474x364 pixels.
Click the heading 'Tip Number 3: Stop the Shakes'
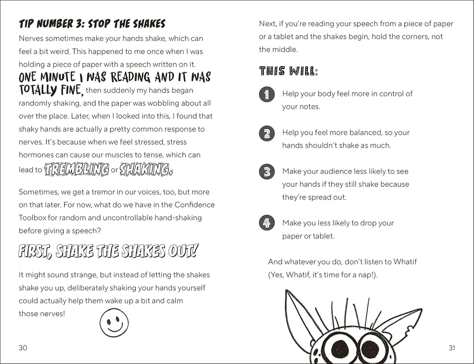click(92, 24)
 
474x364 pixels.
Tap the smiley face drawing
click(114, 323)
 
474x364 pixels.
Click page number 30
click(23, 348)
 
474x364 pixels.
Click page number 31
click(452, 348)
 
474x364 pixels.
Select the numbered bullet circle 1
click(267, 94)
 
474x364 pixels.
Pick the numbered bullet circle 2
click(267, 133)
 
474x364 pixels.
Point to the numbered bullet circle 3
click(267, 172)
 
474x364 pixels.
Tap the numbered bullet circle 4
click(267, 223)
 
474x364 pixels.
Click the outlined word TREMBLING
click(76, 170)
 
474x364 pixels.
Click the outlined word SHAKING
click(145, 170)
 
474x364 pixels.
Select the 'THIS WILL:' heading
click(288, 71)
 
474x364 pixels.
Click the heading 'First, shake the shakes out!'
click(108, 251)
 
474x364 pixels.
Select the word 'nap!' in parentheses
click(368, 275)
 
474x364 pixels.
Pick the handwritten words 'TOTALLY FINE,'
click(51, 90)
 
